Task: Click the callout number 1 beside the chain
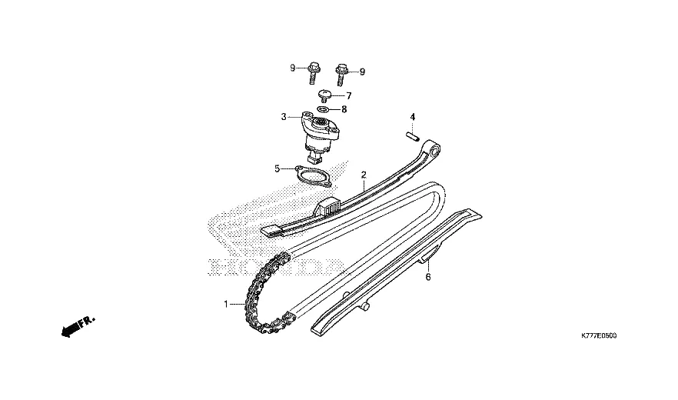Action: tap(226, 305)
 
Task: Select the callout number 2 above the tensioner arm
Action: tap(364, 175)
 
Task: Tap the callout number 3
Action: tap(284, 116)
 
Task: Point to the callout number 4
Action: tap(413, 117)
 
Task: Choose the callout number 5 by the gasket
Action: tap(278, 168)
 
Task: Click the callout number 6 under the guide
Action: tap(428, 277)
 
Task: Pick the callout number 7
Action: tap(348, 96)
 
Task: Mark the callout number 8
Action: tap(344, 109)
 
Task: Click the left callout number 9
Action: tap(292, 68)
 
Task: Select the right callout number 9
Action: tap(362, 72)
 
